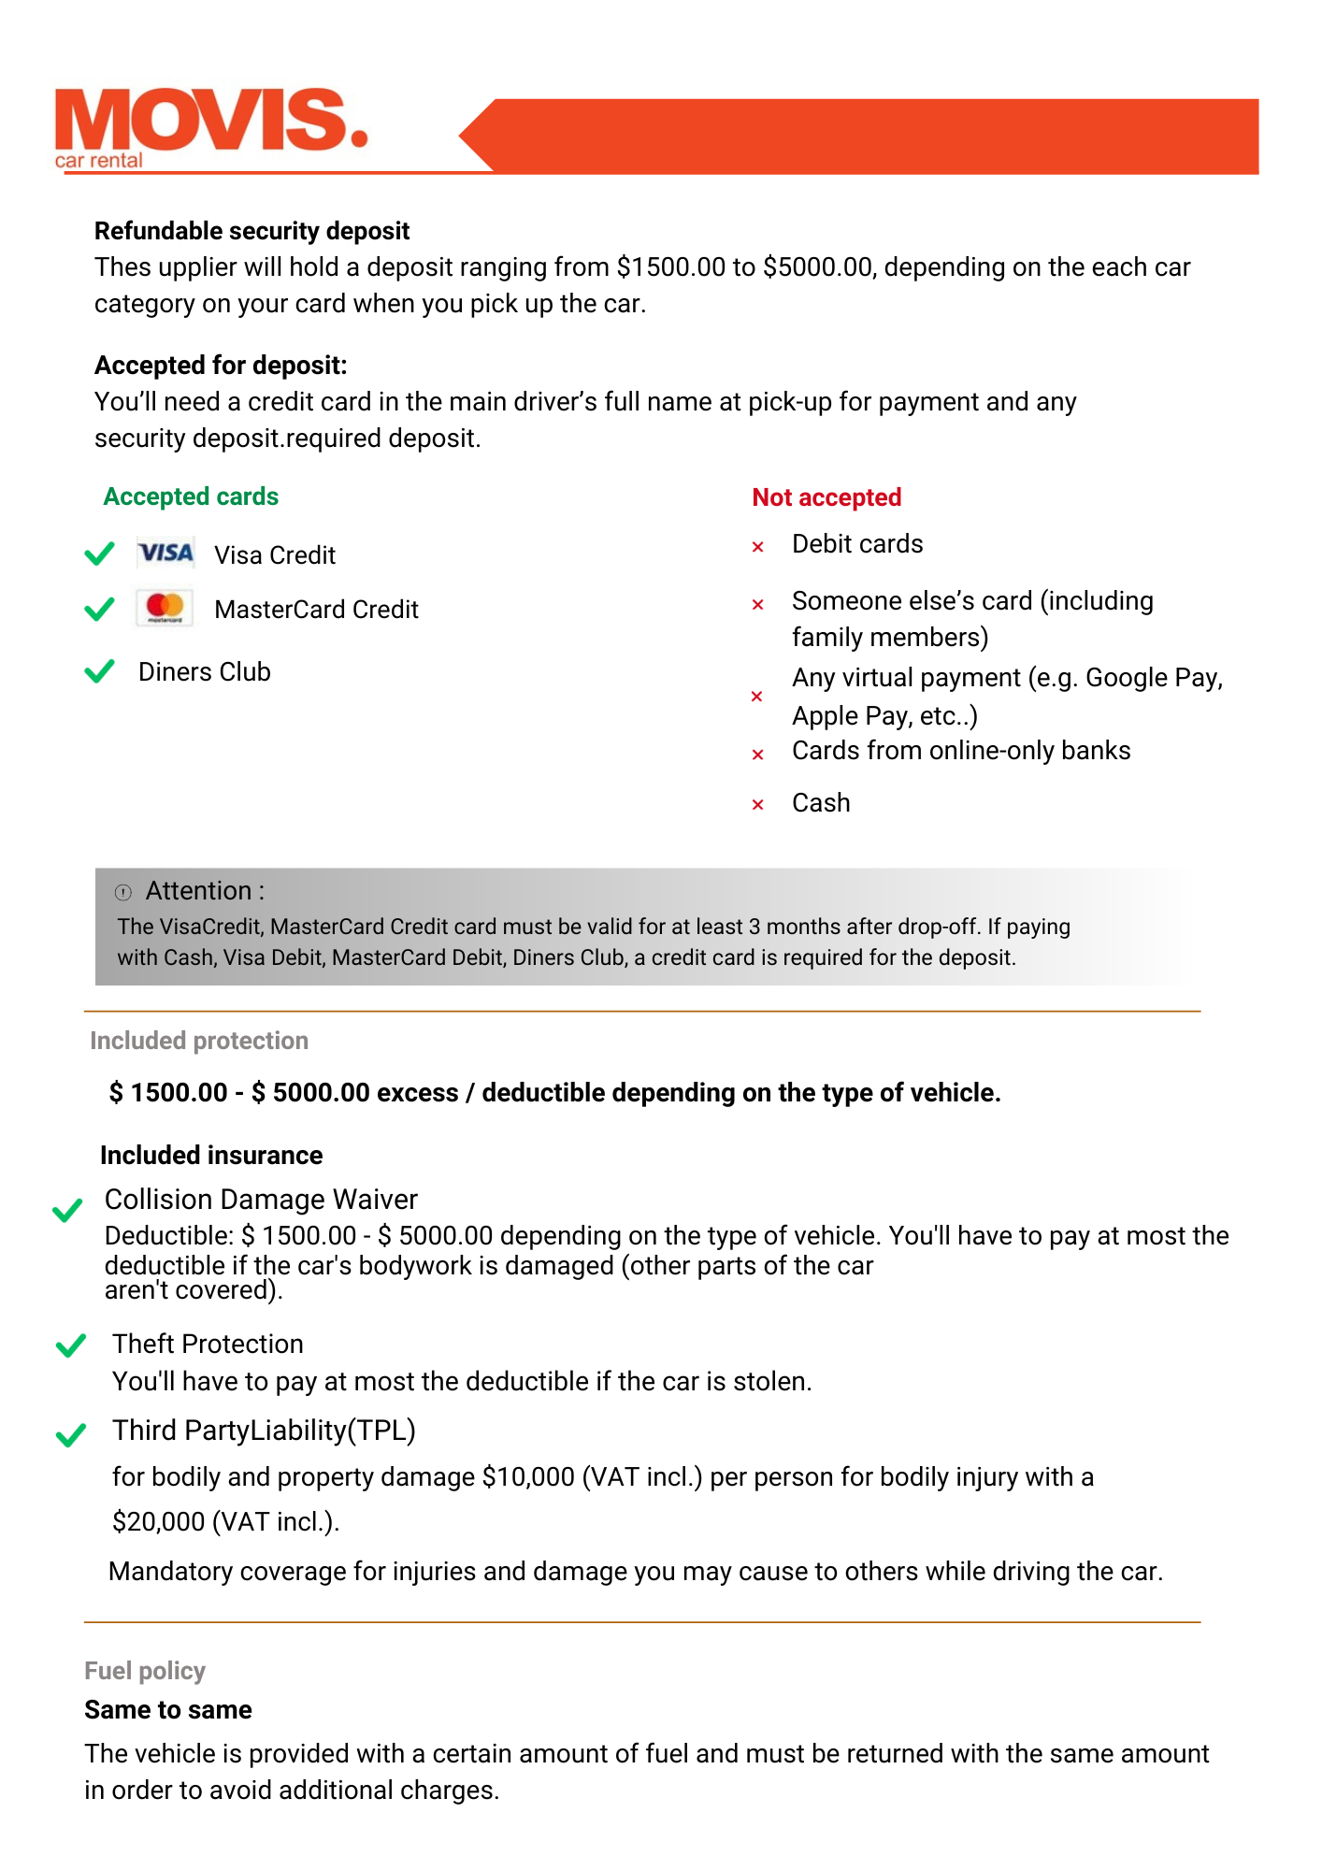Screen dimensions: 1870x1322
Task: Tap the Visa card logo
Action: pos(165,554)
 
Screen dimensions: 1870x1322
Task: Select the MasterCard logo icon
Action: pos(165,608)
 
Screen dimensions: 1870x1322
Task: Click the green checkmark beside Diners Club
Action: pos(99,671)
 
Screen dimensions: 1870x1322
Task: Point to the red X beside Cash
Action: pos(758,804)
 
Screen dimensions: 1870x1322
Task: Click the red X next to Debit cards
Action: pos(758,547)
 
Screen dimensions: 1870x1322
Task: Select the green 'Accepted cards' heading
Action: pos(191,496)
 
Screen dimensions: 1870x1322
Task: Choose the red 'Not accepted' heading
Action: pos(826,497)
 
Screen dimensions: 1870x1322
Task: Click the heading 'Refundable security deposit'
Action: pos(251,231)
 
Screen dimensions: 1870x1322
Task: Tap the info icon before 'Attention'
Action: pos(123,892)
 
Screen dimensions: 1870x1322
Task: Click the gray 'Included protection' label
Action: pos(198,1041)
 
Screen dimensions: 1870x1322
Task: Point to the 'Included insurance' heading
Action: pos(211,1156)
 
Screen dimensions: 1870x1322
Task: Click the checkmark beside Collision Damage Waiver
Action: pos(67,1211)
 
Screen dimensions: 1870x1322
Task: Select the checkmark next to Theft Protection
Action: pos(71,1345)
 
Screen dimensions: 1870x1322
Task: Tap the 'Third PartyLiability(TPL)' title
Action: pos(264,1431)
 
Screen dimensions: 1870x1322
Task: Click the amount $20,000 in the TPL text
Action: pos(158,1522)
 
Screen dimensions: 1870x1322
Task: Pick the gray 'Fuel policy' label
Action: pos(145,1671)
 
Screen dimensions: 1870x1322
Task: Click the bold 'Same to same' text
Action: pos(168,1710)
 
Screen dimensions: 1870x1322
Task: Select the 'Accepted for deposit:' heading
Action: pos(221,366)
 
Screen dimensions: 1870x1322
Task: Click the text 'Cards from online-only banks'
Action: pos(961,751)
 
